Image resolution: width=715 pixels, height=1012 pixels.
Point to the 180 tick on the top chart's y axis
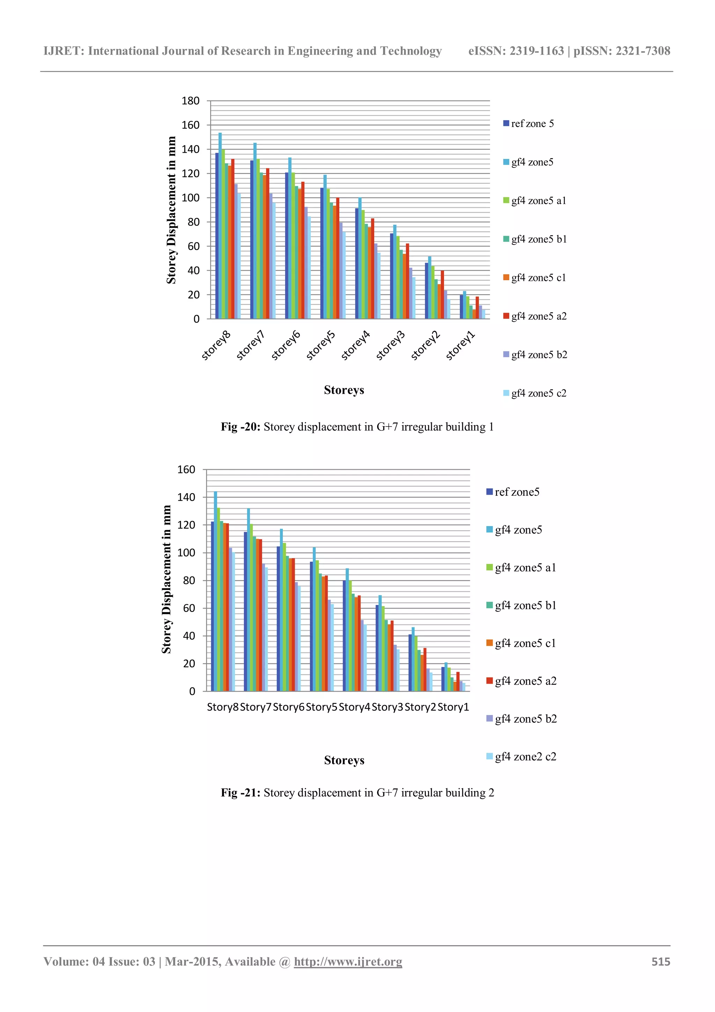pyautogui.click(x=190, y=101)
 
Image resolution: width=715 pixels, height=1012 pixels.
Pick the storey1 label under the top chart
pyautogui.click(x=461, y=346)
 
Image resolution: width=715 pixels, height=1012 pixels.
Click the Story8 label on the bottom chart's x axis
pyautogui.click(x=222, y=707)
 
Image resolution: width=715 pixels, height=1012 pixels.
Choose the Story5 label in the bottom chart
pyautogui.click(x=321, y=707)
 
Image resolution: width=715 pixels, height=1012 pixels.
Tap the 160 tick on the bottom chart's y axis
pyautogui.click(x=186, y=470)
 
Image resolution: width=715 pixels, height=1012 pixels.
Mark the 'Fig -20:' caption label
pyautogui.click(x=241, y=427)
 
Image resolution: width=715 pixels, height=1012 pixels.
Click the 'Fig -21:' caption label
pyautogui.click(x=241, y=793)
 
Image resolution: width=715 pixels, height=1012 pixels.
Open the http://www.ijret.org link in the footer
pyautogui.click(x=348, y=962)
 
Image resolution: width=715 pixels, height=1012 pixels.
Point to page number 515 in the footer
pyautogui.click(x=661, y=962)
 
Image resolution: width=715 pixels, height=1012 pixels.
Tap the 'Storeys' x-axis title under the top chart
pyautogui.click(x=344, y=390)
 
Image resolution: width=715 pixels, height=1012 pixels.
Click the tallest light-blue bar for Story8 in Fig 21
pyautogui.click(x=215, y=591)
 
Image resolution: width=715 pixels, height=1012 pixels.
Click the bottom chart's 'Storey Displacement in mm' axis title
pyautogui.click(x=167, y=579)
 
